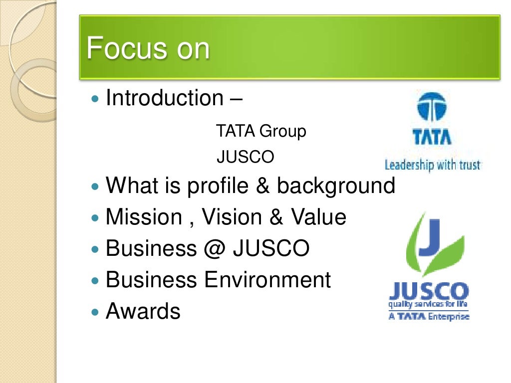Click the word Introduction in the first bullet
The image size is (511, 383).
click(x=164, y=98)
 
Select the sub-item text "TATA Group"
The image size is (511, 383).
click(x=260, y=132)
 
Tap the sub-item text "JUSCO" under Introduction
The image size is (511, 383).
click(x=245, y=157)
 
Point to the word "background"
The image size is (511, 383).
click(x=336, y=187)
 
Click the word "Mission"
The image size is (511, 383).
click(x=144, y=217)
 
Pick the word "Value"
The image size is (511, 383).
click(x=318, y=217)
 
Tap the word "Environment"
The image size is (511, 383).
click(x=267, y=279)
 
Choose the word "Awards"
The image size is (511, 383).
click(x=143, y=311)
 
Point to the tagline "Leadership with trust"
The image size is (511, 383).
click(x=432, y=164)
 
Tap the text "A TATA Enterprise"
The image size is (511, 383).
click(x=429, y=316)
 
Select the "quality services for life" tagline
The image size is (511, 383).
click(x=429, y=304)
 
